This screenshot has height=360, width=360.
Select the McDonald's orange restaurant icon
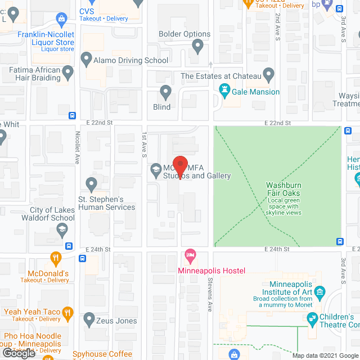pos(55,259)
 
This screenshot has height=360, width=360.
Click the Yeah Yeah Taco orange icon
pos(67,312)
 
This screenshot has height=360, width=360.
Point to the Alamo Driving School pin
pos(86,58)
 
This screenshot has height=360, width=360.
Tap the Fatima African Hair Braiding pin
pos(68,72)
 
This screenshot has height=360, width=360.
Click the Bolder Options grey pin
pos(197,46)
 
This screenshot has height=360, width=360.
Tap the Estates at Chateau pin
pos(268,74)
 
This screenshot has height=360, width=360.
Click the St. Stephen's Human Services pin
pos(91,184)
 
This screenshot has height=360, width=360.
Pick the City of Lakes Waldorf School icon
pos(61,229)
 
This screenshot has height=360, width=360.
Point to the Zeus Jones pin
pos(89,319)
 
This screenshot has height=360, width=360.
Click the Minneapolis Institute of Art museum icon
pos(320,291)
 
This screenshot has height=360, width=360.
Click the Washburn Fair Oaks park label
pos(283,189)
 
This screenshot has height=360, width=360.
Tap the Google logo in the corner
pos(19,353)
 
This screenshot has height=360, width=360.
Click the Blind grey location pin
pos(165,92)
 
